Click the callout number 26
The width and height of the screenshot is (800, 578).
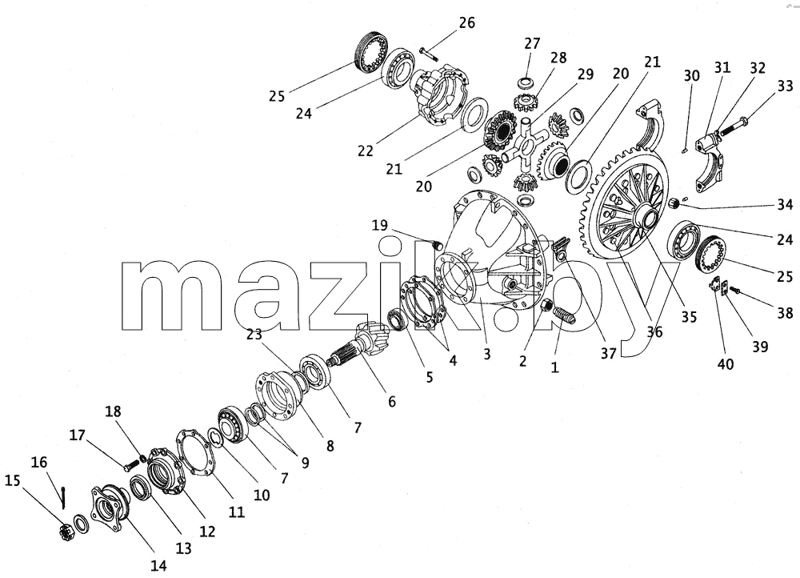(466, 23)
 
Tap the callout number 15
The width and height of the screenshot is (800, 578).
(14, 480)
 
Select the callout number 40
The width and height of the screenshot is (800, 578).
(726, 364)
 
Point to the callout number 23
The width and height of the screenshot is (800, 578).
(254, 335)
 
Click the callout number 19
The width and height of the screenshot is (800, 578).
(379, 225)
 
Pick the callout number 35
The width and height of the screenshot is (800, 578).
(689, 316)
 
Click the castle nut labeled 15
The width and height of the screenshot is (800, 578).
(65, 532)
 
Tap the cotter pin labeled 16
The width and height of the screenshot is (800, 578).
(62, 497)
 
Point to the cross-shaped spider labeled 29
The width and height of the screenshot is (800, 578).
(526, 144)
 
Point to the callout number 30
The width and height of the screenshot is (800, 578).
(692, 75)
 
